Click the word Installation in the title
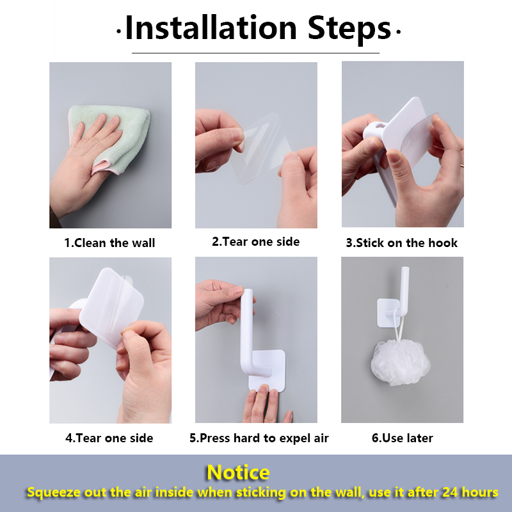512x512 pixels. [x=211, y=28]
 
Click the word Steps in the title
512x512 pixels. [x=349, y=30]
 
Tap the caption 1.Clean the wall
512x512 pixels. [x=109, y=243]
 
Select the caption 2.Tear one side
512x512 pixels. [x=255, y=242]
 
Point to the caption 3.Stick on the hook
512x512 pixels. [x=402, y=243]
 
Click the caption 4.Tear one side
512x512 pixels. [x=109, y=438]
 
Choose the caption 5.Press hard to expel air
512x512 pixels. [x=259, y=438]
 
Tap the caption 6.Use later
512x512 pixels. [x=403, y=438]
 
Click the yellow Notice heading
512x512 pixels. [x=238, y=472]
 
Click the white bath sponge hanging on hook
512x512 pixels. [x=401, y=362]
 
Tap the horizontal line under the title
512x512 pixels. [x=255, y=53]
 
